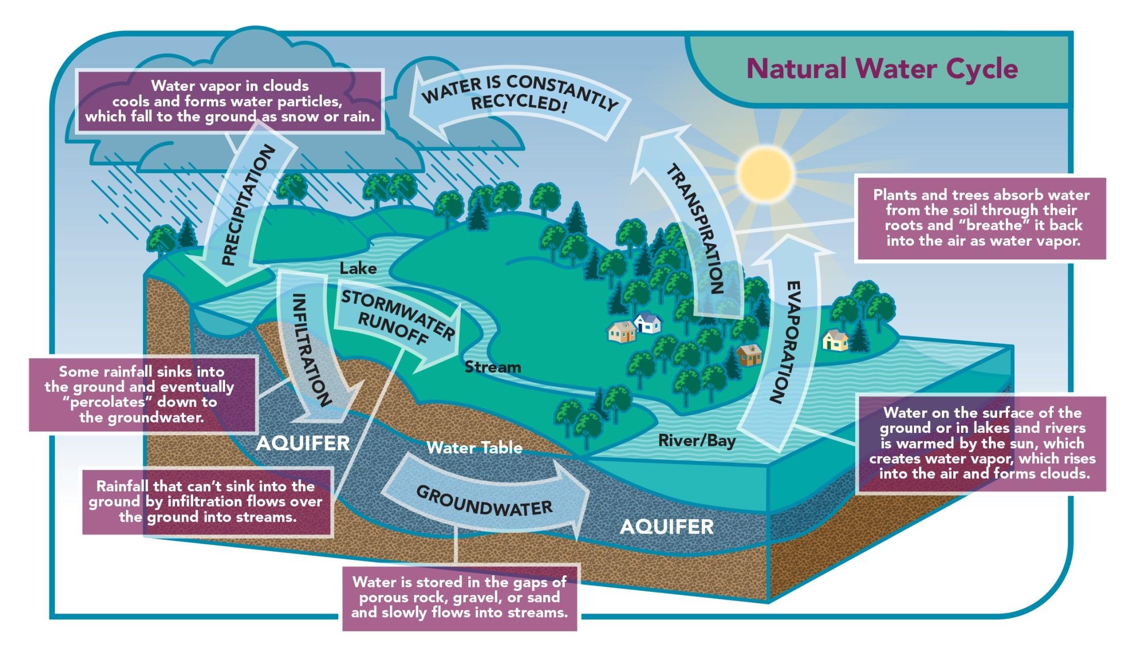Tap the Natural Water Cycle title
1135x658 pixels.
click(x=882, y=69)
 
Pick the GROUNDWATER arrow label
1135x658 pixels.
click(x=484, y=500)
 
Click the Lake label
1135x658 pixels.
click(x=358, y=269)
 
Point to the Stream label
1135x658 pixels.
click(x=493, y=367)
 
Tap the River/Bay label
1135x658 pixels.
click(x=697, y=441)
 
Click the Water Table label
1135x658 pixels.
click(x=474, y=447)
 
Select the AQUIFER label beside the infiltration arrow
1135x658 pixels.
click(x=303, y=443)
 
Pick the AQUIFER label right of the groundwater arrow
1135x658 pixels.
click(x=667, y=527)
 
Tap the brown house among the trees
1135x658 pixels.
click(x=749, y=355)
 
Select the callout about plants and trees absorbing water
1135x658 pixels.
click(x=981, y=218)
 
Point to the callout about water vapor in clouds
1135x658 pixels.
click(x=230, y=101)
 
